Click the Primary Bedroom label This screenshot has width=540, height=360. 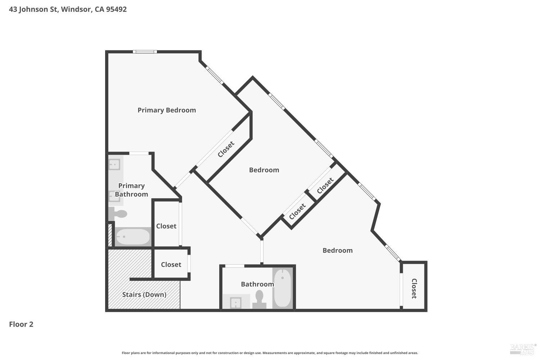coord(167,110)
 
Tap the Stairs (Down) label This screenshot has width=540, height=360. coord(144,294)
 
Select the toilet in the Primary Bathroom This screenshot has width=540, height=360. coord(118,214)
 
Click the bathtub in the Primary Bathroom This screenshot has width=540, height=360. coord(132,237)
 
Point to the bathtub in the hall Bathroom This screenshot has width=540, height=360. coord(283,288)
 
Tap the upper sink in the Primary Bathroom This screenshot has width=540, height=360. coord(114,164)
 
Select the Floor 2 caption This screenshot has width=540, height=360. coord(21,324)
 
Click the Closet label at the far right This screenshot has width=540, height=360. coord(414,288)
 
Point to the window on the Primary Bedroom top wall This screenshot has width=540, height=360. coord(145,52)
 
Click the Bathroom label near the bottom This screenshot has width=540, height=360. coord(257,284)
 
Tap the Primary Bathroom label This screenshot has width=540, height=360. coord(131,190)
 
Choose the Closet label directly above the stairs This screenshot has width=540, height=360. coord(171,265)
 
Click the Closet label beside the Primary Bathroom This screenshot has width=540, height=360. coord(166,226)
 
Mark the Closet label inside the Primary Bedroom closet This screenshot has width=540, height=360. coord(226,149)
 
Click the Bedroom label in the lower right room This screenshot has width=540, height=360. coord(337,251)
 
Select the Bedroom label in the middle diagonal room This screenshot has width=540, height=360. coord(264,170)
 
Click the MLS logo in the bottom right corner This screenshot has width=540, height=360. coord(523,348)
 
